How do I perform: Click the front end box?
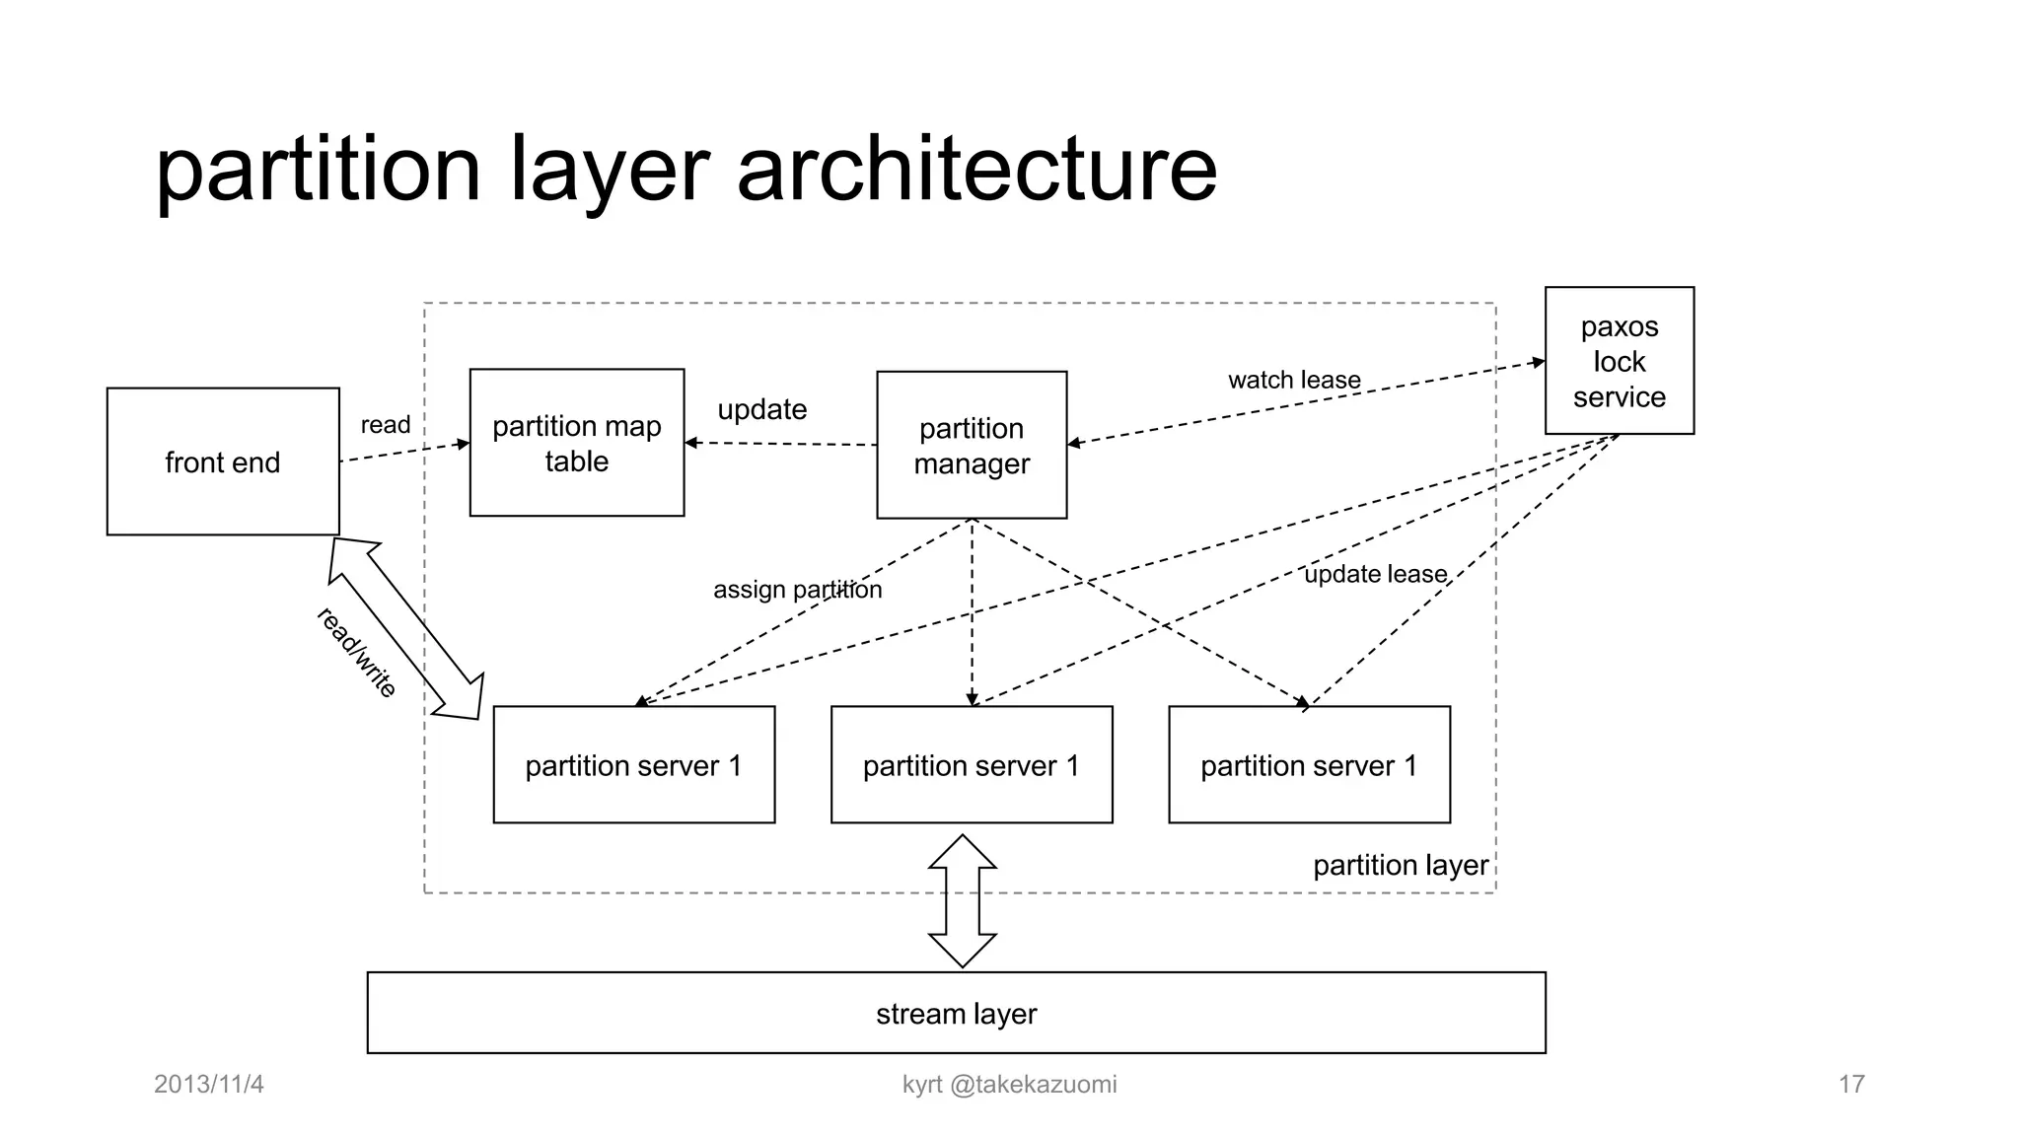(223, 461)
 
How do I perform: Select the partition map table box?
(577, 443)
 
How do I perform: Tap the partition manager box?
(972, 445)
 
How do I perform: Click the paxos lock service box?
(1619, 361)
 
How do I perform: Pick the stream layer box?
(956, 1013)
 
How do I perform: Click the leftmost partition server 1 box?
(633, 765)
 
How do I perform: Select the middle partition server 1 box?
(972, 765)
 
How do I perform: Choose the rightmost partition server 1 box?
(1309, 765)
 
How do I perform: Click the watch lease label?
(1294, 380)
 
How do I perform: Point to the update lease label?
(1375, 574)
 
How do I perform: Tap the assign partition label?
(797, 590)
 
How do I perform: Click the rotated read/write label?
(356, 653)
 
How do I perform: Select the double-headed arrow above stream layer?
(963, 900)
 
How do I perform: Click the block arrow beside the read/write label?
(406, 628)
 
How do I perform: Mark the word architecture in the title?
(976, 170)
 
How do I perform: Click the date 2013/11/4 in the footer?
(209, 1084)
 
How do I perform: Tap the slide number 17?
(1850, 1084)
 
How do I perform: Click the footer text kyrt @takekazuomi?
(1009, 1084)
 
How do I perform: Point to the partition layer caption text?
(1400, 865)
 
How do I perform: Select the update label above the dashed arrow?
(761, 409)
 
